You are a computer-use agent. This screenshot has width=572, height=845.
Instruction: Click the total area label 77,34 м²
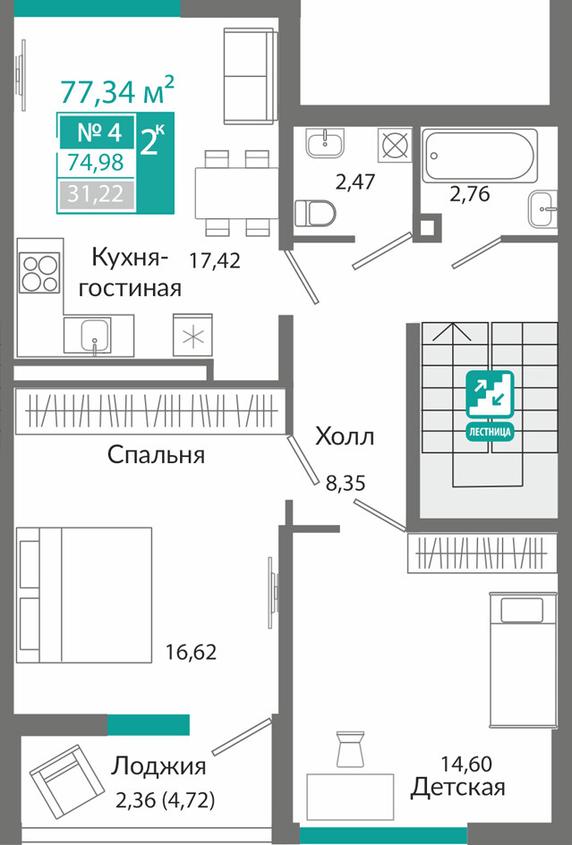coord(117,89)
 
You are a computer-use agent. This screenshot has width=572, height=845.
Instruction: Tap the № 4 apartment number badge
coord(98,131)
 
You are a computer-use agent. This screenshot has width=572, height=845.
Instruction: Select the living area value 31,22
coord(96,193)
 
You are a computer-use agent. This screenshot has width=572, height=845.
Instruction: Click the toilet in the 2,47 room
coord(315,212)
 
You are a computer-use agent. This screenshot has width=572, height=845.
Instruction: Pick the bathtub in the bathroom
coord(479,156)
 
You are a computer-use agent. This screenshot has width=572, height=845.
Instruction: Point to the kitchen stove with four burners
coord(38,273)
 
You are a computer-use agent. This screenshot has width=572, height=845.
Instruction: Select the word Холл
coord(345,436)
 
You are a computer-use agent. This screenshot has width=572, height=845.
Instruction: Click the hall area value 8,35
coord(346,483)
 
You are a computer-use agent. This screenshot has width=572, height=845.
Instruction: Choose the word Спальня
coord(156,455)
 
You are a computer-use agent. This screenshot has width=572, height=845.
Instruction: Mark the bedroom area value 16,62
coord(191,652)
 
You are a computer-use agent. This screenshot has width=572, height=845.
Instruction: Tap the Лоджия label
coord(158,765)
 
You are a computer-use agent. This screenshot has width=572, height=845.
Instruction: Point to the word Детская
coord(457,788)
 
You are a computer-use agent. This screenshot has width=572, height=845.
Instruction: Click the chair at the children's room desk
coord(350,748)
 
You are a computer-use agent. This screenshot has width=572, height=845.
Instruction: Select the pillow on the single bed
coord(522,610)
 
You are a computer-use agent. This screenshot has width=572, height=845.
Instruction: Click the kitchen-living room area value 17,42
coord(215,261)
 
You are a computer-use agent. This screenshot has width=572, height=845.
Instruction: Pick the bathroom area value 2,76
coord(470,194)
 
